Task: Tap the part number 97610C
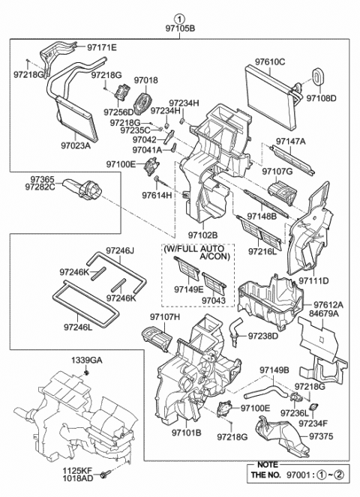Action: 271,62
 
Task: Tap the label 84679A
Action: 328,314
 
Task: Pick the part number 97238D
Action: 263,336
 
